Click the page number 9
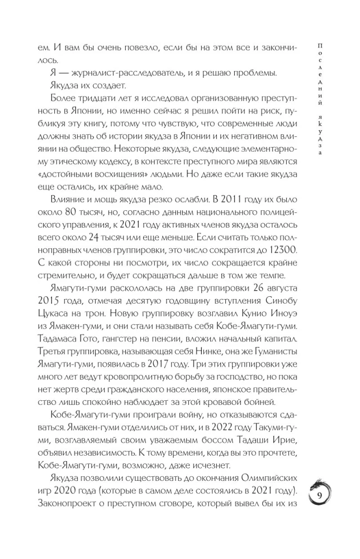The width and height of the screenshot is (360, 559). point(319,496)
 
